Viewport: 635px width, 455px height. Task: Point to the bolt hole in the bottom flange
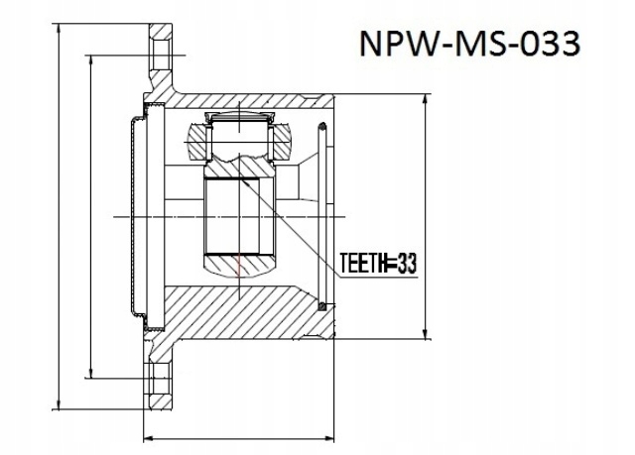click(160, 381)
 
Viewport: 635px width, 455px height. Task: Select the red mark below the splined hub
click(241, 266)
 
